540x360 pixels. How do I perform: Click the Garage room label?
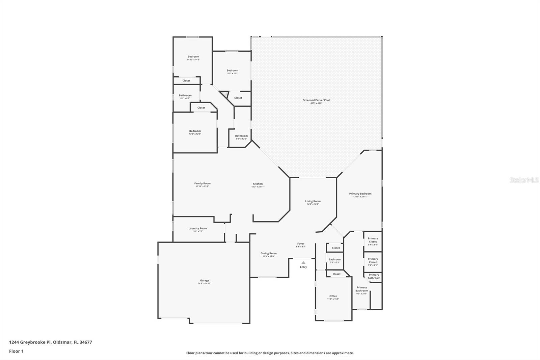[204, 281]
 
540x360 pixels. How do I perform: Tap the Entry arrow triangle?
[303, 262]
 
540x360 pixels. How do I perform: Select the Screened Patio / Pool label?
[316, 100]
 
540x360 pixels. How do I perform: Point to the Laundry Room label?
[197, 229]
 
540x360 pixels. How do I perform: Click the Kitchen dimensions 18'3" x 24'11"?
[258, 187]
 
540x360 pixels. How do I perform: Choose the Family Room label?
[202, 184]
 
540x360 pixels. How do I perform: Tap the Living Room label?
[313, 201]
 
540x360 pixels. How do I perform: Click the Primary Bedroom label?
[360, 194]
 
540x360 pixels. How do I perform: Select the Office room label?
[333, 296]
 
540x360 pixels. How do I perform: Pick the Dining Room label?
[269, 253]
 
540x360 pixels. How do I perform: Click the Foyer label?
[301, 243]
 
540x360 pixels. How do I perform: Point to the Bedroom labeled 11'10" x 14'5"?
[193, 57]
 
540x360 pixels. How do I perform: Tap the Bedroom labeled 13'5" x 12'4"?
[195, 131]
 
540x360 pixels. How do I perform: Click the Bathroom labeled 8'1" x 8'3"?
[185, 96]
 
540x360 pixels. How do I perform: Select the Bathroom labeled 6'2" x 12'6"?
[241, 136]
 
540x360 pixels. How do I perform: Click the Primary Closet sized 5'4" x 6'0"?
[373, 240]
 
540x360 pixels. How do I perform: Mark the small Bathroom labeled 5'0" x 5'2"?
[335, 260]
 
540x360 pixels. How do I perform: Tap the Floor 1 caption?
[16, 351]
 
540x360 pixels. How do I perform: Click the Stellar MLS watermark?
[524, 180]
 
